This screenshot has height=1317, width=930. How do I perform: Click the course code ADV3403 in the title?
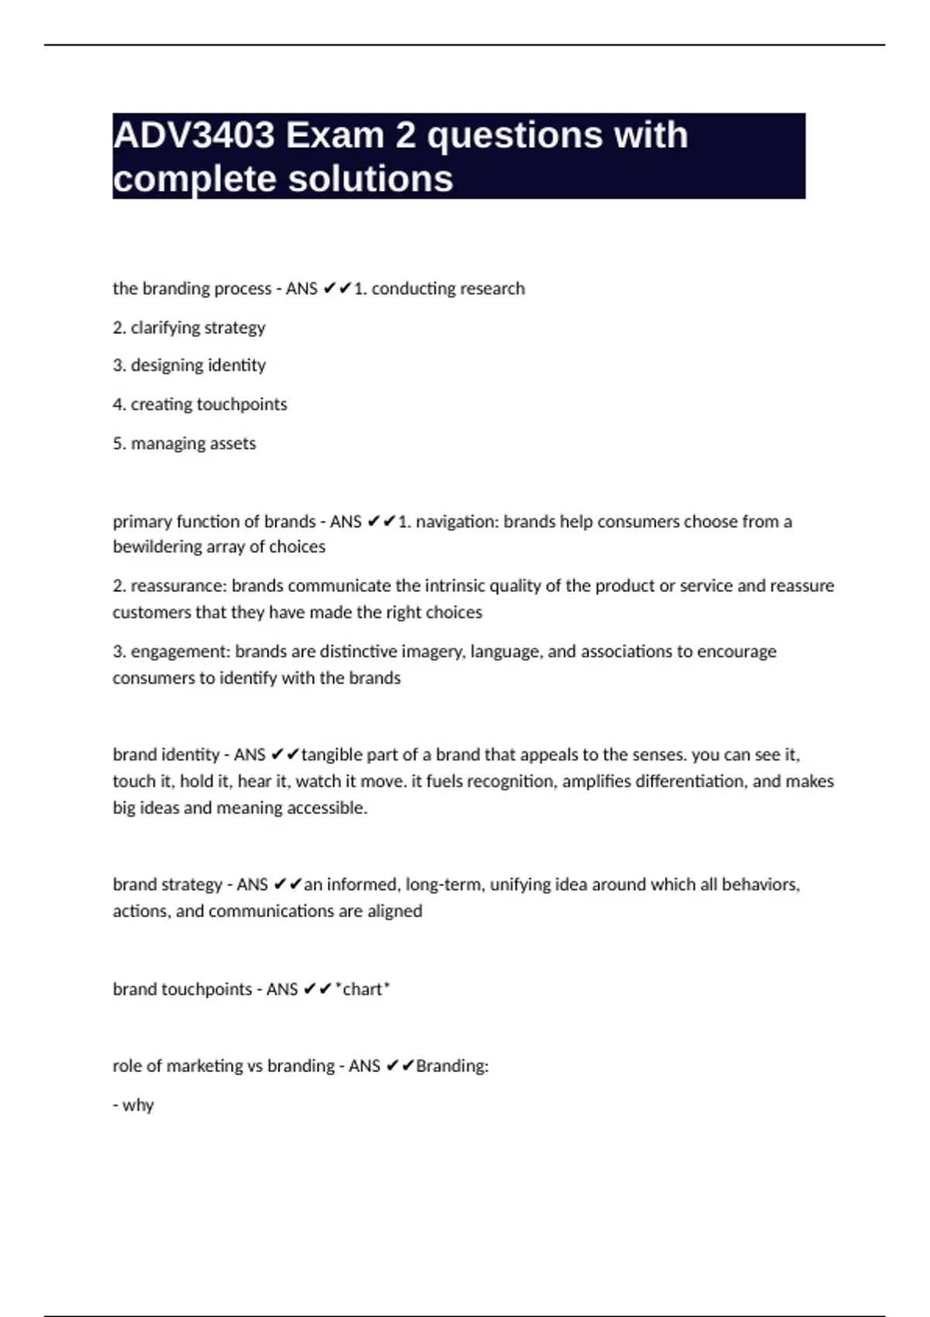point(194,136)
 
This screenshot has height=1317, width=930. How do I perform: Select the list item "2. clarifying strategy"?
point(189,328)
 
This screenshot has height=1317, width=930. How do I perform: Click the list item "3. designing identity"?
point(189,366)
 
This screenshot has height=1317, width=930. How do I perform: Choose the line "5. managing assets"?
point(184,444)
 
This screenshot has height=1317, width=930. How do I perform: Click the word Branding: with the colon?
point(453,1066)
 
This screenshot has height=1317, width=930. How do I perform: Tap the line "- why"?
point(133,1106)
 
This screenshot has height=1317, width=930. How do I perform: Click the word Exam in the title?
point(335,136)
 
